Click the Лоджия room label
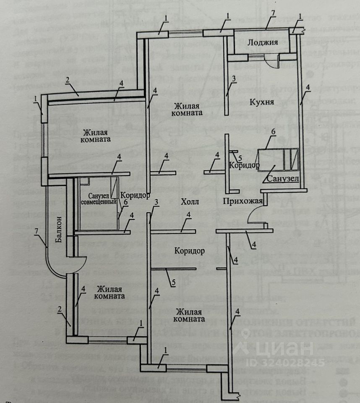tap(263, 42)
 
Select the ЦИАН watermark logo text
tap(277, 348)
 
